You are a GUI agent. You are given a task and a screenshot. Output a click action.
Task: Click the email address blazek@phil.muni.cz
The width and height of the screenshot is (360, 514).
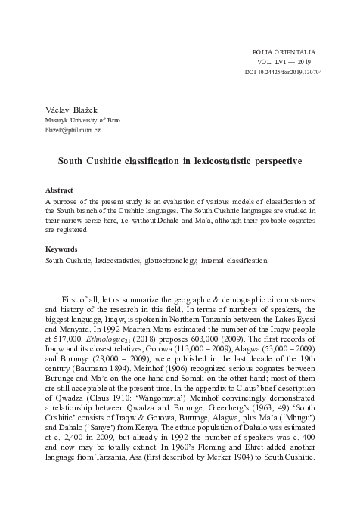(x=76, y=131)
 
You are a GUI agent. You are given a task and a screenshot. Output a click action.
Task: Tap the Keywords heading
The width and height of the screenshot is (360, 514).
(x=62, y=248)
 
